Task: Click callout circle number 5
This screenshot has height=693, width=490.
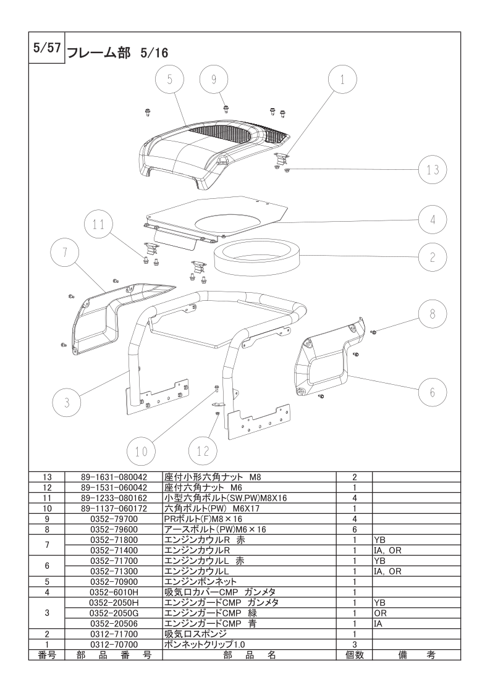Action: pyautogui.click(x=171, y=80)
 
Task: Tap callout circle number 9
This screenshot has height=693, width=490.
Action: pyautogui.click(x=214, y=80)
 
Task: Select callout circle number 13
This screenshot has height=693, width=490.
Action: pyautogui.click(x=433, y=170)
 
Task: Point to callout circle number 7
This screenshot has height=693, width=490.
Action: pyautogui.click(x=64, y=253)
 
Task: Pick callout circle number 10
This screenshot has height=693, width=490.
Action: pyautogui.click(x=141, y=451)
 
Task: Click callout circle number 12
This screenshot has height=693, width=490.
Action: pyautogui.click(x=203, y=451)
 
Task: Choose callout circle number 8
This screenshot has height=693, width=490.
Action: pyautogui.click(x=433, y=314)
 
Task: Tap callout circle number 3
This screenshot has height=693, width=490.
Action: pyautogui.click(x=67, y=403)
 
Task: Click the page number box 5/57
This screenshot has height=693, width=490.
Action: pyautogui.click(x=47, y=48)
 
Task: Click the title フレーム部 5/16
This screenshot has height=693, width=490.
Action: pyautogui.click(x=117, y=53)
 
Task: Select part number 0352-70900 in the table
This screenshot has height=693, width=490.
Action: pyautogui.click(x=114, y=582)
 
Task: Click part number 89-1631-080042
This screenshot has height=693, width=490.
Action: pyautogui.click(x=114, y=477)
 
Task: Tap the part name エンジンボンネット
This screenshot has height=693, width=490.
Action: pyautogui.click(x=200, y=582)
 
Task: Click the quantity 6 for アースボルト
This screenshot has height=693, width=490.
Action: pyautogui.click(x=355, y=529)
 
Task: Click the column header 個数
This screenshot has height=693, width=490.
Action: pyautogui.click(x=355, y=655)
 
